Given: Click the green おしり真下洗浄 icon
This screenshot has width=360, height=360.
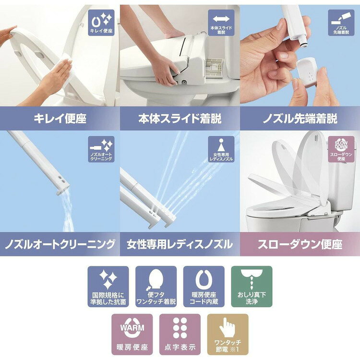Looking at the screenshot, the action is tap(252, 286).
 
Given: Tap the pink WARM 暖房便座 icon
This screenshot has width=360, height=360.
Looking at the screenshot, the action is tap(132, 334).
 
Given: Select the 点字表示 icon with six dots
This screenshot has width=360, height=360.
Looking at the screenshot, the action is tap(180, 334).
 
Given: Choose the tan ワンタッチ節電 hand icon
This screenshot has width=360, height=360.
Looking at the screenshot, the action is tap(228, 334).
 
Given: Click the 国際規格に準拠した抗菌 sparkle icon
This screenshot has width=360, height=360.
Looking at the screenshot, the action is tap(108, 286).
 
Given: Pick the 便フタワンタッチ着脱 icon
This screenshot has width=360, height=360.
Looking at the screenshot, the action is tap(156, 286).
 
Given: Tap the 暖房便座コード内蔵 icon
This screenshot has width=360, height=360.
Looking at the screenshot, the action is tap(204, 286).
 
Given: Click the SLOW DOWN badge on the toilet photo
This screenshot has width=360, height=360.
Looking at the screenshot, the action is tap(341, 149).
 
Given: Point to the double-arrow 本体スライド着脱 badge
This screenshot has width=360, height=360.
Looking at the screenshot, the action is tap(221, 23).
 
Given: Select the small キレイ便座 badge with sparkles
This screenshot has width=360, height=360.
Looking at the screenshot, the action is tap(101, 23).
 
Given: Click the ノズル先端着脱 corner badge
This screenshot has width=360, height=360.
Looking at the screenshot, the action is tap(341, 23).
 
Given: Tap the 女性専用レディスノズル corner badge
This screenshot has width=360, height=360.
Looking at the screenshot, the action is tap(221, 149).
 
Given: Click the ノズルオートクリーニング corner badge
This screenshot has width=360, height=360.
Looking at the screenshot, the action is tap(101, 149).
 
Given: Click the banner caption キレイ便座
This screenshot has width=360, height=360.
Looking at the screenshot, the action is tap(60, 119).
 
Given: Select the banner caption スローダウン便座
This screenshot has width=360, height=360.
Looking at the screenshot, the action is tap(300, 244).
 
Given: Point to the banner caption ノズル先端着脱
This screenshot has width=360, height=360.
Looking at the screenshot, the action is tap(300, 119).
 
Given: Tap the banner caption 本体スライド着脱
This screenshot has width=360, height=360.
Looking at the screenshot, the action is tap(180, 119).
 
